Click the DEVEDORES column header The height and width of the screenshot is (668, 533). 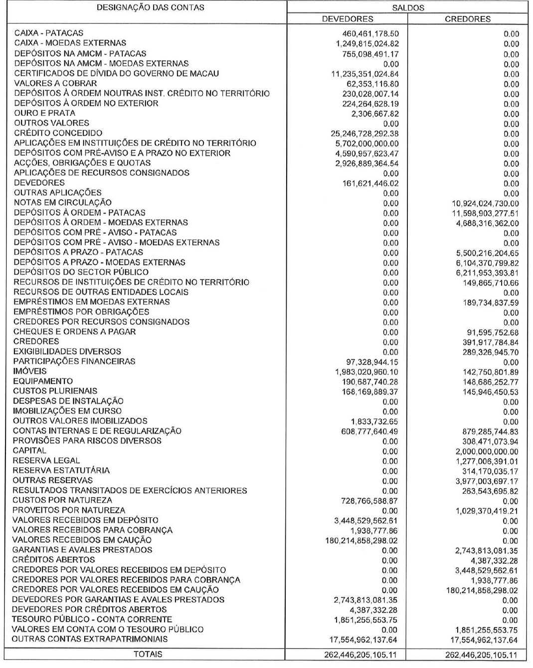348,19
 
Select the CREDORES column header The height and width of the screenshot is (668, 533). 467,19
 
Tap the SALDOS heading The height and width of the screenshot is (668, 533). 407,8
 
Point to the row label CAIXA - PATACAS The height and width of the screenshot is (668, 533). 49,33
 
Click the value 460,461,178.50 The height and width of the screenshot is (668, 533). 368,34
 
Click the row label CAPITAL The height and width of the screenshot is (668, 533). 30,451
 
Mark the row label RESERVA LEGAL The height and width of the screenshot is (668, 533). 46,461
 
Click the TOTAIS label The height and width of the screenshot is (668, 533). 148,654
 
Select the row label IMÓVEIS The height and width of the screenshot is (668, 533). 30,371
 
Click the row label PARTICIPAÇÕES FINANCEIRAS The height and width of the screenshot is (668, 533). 74,361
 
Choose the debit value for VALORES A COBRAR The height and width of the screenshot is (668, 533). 370,84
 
